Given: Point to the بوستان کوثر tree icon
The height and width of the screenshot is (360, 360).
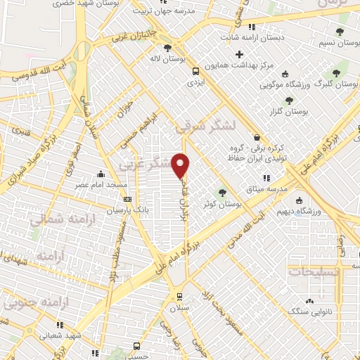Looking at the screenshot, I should coord(223,191).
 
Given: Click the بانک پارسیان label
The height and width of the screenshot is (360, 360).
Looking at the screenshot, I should coord(128,210).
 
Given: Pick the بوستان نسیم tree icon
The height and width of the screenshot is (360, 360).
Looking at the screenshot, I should coord(340,32).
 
